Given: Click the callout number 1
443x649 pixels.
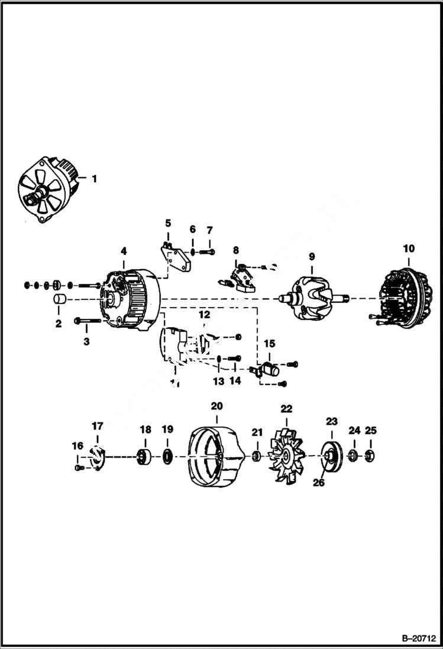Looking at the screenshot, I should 93,178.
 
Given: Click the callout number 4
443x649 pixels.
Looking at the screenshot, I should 123,251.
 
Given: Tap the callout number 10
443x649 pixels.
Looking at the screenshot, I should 408,249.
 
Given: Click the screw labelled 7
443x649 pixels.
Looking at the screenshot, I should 207,252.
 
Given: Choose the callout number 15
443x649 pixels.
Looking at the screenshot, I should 269,343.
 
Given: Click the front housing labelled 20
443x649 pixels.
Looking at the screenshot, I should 216,457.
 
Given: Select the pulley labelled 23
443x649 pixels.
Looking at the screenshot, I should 331,456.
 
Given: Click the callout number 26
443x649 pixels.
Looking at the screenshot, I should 319,482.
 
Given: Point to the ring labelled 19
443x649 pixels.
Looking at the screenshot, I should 167,457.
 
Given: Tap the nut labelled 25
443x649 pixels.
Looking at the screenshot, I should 370,456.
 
